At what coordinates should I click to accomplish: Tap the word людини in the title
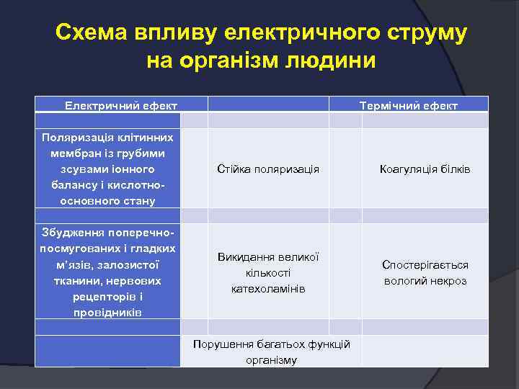click(336, 61)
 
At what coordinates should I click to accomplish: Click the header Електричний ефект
click(121, 106)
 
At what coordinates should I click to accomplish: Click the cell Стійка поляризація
click(268, 169)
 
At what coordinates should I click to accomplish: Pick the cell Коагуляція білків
click(425, 169)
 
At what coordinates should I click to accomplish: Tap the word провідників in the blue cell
click(107, 312)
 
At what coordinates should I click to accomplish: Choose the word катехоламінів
click(268, 288)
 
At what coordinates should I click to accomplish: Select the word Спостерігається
click(425, 264)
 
